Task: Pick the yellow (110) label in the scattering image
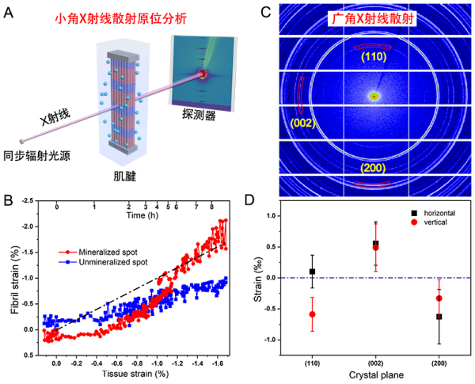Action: (x=372, y=57)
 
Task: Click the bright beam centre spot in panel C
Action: (x=374, y=96)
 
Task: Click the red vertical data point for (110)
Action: (x=313, y=314)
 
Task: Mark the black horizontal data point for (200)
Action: (x=439, y=317)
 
